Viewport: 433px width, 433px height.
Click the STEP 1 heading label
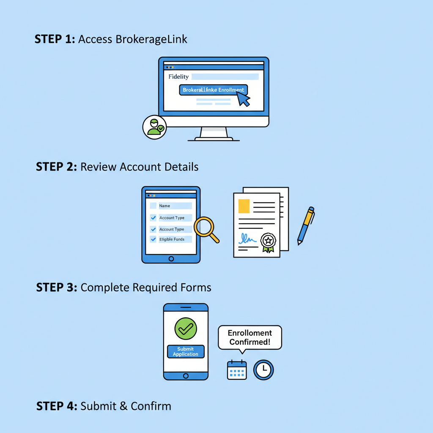click(54, 39)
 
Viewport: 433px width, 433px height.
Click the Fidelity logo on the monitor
click(178, 77)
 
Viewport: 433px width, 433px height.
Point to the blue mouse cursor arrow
click(243, 99)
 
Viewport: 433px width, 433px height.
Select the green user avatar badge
click(154, 127)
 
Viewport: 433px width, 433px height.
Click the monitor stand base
click(214, 138)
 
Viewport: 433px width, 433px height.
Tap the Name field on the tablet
click(175, 206)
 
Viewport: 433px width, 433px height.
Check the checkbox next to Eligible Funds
click(153, 239)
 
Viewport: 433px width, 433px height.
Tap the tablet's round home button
click(171, 258)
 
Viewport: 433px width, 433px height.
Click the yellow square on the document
click(244, 206)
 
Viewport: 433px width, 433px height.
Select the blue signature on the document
click(247, 240)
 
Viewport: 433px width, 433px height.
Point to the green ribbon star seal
click(268, 242)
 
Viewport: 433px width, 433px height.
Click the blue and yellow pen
click(306, 225)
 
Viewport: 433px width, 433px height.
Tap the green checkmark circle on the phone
click(186, 329)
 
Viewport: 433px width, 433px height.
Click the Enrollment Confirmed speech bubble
click(249, 337)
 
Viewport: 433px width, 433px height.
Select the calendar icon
click(237, 370)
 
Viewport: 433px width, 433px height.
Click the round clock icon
click(263, 370)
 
